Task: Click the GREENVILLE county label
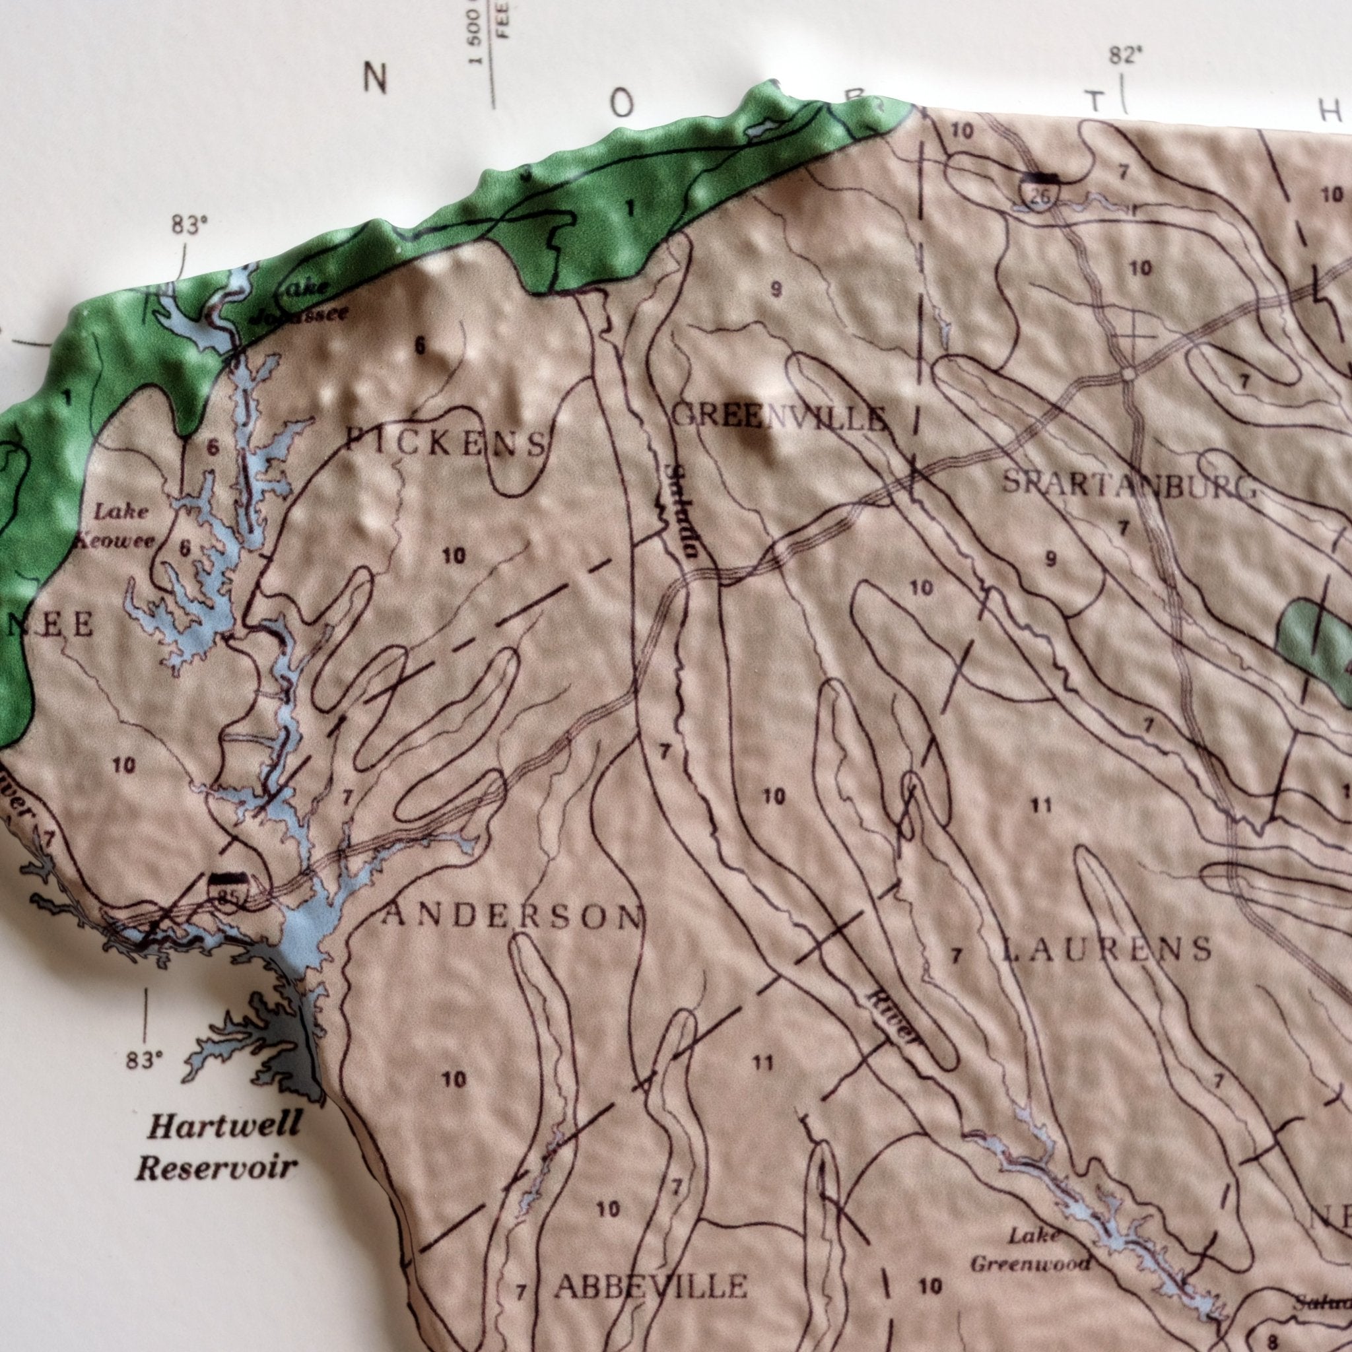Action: point(778,418)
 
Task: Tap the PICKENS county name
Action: point(446,442)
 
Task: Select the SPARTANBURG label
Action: point(1128,485)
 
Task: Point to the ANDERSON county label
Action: point(510,916)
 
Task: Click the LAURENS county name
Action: point(1106,949)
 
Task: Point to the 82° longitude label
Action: point(1124,57)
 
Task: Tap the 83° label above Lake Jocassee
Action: point(189,225)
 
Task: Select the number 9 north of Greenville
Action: point(776,289)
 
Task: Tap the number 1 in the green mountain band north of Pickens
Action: point(630,208)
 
